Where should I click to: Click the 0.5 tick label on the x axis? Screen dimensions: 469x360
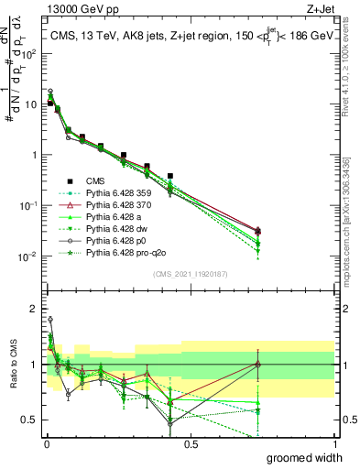coord(190,443)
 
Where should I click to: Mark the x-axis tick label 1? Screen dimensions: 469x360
coord(333,443)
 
